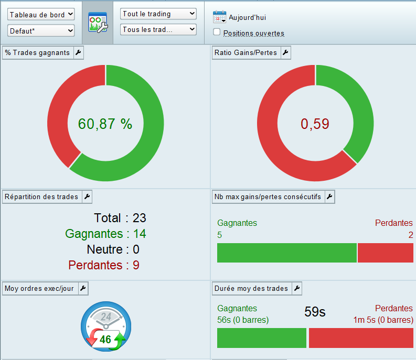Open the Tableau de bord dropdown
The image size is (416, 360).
coord(41,15)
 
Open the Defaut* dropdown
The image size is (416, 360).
coord(41,31)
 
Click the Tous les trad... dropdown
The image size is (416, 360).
coord(158,29)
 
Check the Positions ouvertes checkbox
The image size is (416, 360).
coord(217,32)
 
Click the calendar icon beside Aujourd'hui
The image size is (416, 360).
coord(219,17)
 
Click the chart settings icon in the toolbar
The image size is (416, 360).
coord(98,23)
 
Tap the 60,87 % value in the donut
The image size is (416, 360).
coord(105,124)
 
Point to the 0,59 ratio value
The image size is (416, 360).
coord(314,124)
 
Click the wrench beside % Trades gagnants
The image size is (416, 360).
coord(78,52)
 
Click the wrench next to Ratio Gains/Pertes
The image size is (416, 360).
coord(285,52)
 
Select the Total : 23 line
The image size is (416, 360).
coord(120,218)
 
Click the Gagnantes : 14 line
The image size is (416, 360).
coord(105,234)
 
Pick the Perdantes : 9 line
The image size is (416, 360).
coord(104,265)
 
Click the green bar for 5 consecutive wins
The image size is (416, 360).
coord(286,253)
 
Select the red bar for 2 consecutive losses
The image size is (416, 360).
coord(385,253)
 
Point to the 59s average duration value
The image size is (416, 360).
coord(315,312)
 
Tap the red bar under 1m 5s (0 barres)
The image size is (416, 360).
coord(361,338)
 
